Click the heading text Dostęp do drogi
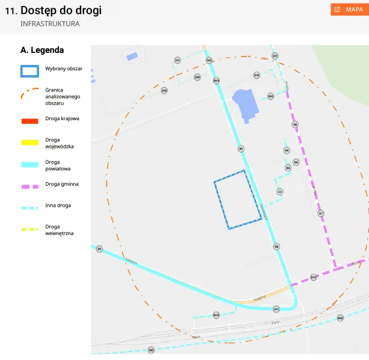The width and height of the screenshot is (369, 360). [x=61, y=10]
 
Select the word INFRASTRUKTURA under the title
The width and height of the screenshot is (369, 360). [x=50, y=24]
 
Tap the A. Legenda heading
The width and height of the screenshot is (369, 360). [x=42, y=50]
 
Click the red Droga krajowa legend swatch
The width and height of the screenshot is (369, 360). [x=29, y=121]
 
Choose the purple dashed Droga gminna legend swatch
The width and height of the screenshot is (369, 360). [x=29, y=186]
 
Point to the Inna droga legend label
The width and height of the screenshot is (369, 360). [x=58, y=206]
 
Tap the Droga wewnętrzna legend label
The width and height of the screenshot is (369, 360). [x=59, y=230]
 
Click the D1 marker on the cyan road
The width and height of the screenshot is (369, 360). [x=241, y=148]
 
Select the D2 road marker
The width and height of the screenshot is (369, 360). [x=276, y=246]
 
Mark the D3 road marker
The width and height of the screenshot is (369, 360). [x=279, y=192]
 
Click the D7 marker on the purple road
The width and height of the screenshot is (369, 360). [x=321, y=213]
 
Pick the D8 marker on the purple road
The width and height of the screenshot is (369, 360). [x=295, y=124]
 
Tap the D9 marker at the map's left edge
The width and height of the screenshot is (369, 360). [x=99, y=248]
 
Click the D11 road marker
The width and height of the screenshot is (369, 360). [x=276, y=309]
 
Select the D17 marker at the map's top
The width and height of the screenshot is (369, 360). [x=275, y=56]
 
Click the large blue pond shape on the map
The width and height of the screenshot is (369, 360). [x=245, y=103]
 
